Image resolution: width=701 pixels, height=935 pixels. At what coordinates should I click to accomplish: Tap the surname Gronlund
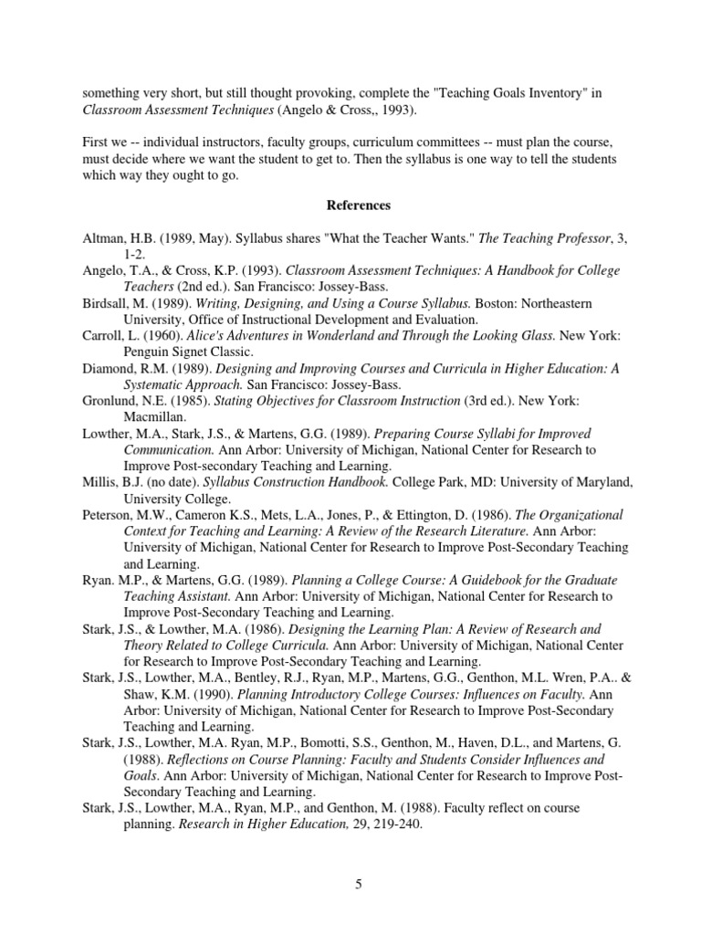(x=110, y=401)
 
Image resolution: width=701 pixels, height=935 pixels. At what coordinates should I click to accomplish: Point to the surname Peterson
(x=107, y=515)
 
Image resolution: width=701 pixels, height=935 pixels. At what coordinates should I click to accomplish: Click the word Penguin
(x=149, y=352)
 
